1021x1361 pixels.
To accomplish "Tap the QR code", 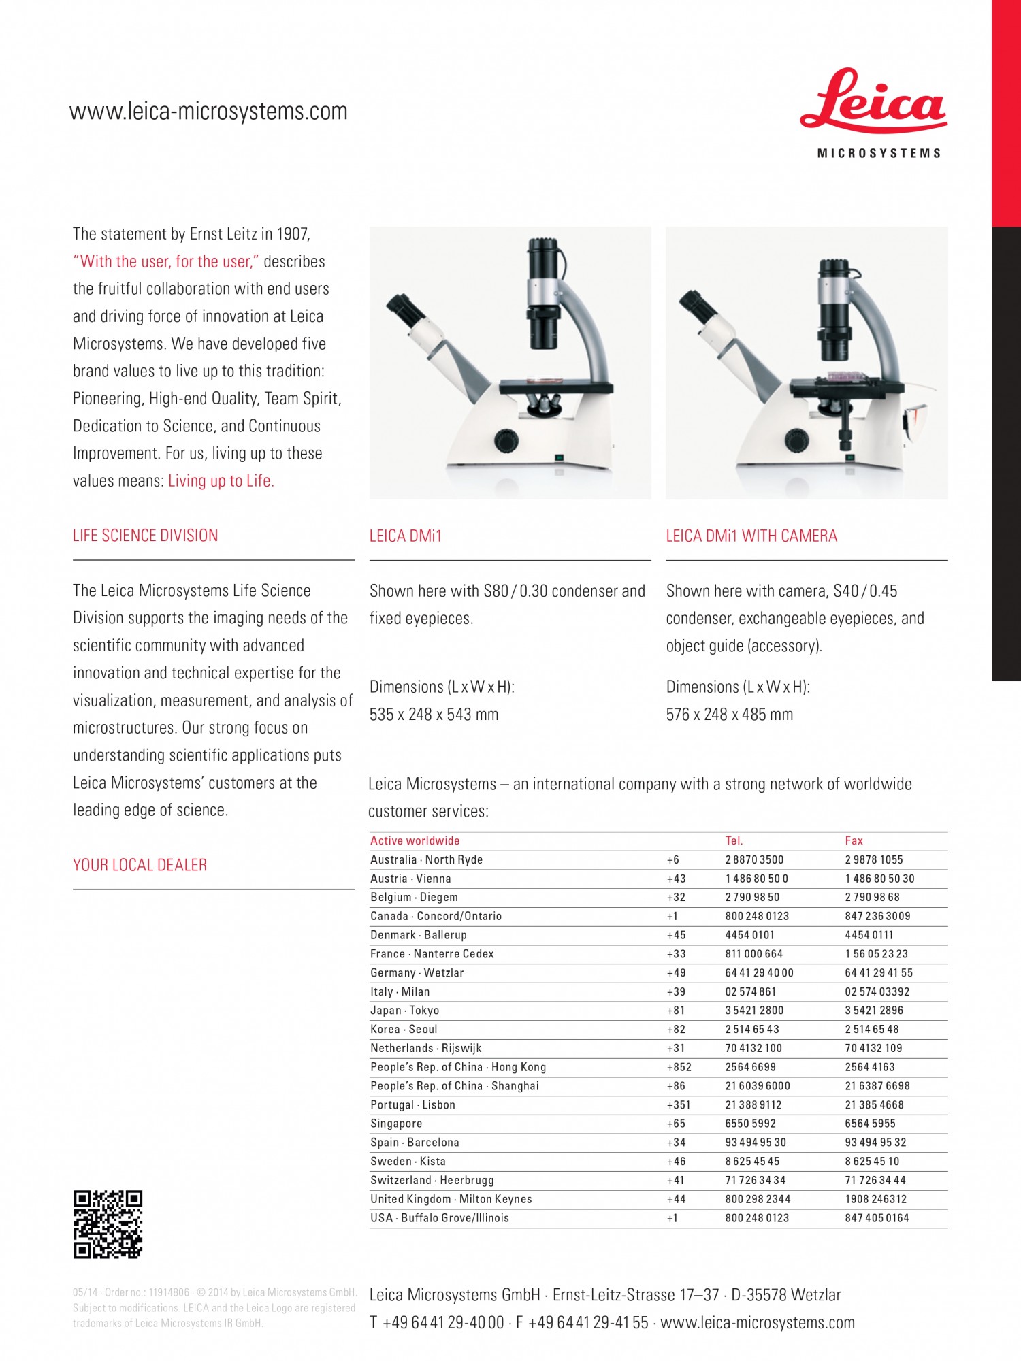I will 108,1224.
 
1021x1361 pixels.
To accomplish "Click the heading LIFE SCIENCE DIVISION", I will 145,536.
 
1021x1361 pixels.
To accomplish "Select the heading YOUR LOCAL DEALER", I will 140,865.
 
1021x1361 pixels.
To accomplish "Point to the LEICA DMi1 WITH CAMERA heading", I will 751,536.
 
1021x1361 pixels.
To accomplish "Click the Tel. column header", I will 734,840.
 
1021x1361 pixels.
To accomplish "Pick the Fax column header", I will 854,840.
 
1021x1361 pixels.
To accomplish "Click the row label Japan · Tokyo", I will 404,1011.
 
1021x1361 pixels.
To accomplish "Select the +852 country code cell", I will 679,1067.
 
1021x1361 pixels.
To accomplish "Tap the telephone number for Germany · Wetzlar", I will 759,973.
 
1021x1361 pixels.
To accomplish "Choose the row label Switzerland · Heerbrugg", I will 432,1180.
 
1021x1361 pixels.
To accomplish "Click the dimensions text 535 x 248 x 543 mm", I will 434,715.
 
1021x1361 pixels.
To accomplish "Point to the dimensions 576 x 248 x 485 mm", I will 729,715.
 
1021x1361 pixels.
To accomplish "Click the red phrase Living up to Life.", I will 221,481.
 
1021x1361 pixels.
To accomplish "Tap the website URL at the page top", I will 208,111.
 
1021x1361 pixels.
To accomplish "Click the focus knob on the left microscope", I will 506,440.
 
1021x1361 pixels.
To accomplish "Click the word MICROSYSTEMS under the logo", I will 878,154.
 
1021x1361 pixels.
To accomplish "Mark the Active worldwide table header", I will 415,840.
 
